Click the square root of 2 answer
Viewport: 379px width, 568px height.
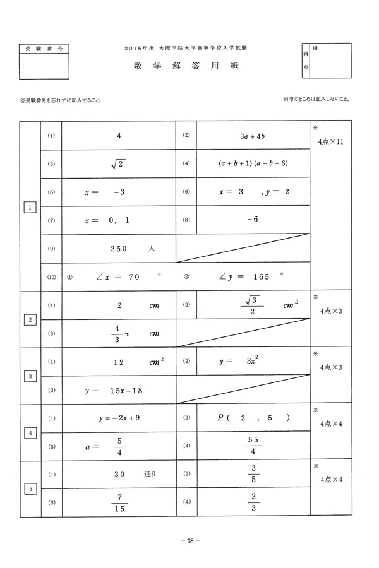[x=119, y=163]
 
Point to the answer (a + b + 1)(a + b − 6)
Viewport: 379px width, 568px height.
[x=253, y=163]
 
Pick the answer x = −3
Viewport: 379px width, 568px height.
[x=107, y=192]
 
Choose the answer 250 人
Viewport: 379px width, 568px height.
[x=132, y=249]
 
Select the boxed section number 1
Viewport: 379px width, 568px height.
[x=30, y=206]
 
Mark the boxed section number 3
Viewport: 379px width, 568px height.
[x=30, y=377]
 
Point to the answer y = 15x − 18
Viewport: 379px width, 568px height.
[x=114, y=391]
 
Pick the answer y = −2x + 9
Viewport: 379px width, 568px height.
[x=119, y=418]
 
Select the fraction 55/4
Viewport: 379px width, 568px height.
[x=253, y=446]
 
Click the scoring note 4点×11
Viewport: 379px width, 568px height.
[x=331, y=142]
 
